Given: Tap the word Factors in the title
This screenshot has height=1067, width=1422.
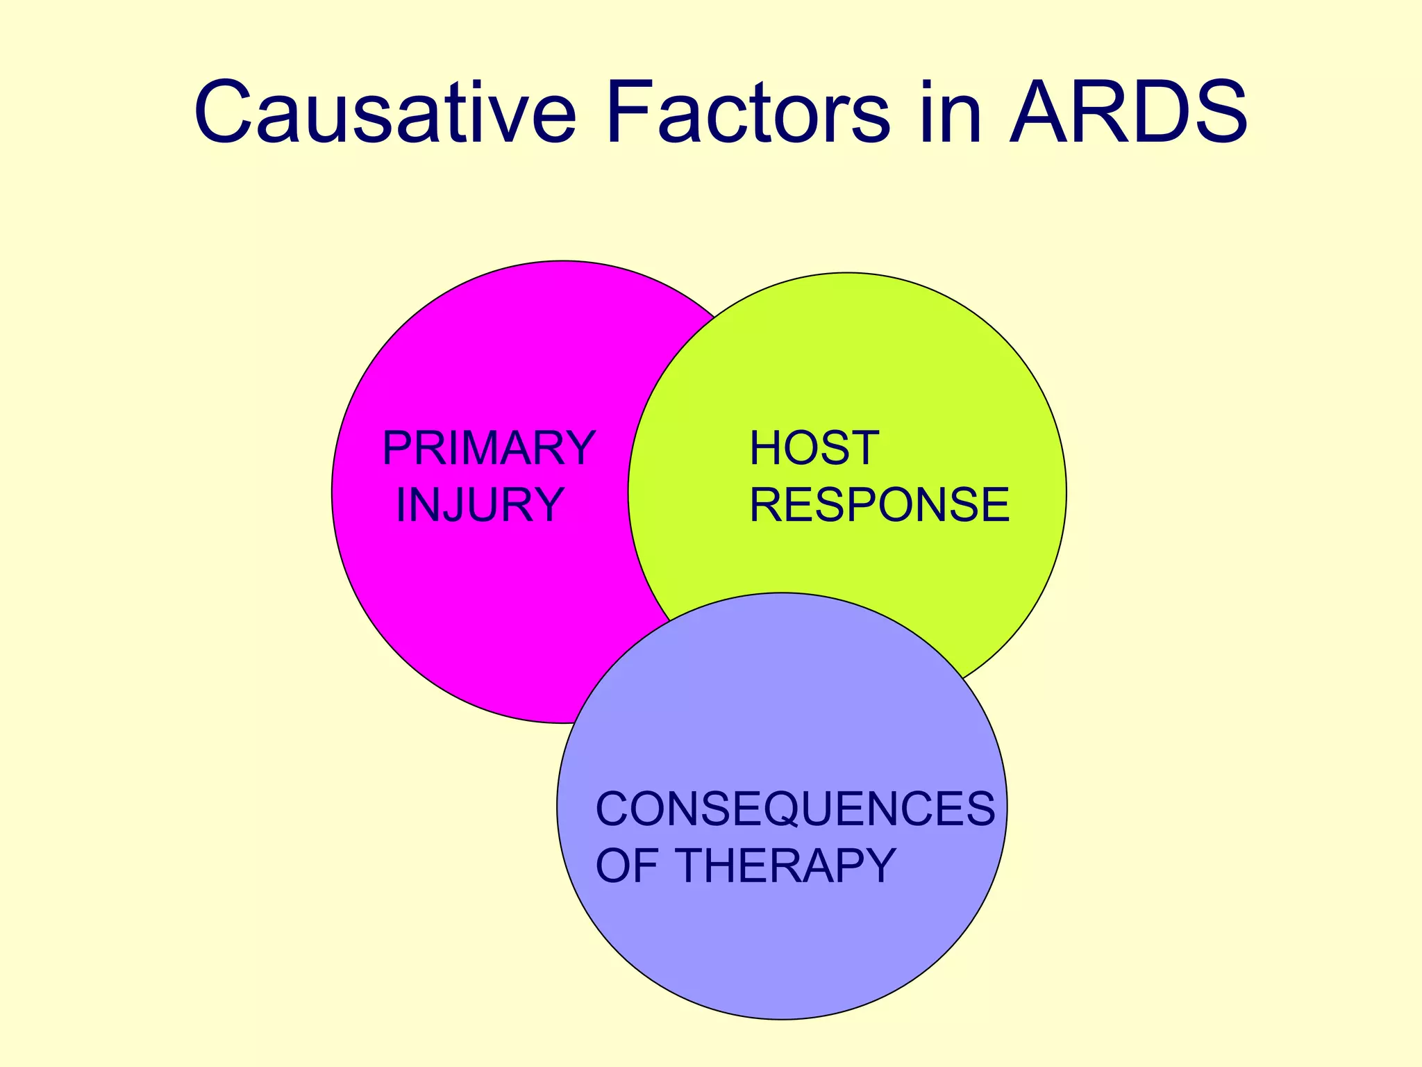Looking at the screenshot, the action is pyautogui.click(x=747, y=113).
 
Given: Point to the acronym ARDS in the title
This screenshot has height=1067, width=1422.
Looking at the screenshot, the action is pyautogui.click(x=1128, y=113).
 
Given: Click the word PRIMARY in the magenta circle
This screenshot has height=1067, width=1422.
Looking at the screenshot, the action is pyautogui.click(x=489, y=449).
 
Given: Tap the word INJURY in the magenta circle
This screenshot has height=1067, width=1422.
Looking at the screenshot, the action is pyautogui.click(x=479, y=505).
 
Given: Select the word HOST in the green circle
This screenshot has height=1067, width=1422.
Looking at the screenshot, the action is pyautogui.click(x=814, y=448).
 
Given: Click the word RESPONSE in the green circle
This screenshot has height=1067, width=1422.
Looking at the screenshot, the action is pyautogui.click(x=879, y=504).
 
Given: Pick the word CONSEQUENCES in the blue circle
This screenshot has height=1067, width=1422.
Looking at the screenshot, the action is pyautogui.click(x=795, y=809).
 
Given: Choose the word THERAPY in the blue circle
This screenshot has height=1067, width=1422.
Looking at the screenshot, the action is pyautogui.click(x=785, y=866).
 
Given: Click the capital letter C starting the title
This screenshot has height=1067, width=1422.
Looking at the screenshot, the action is pyautogui.click(x=224, y=113).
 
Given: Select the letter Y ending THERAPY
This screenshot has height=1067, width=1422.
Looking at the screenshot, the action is pyautogui.click(x=876, y=866).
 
